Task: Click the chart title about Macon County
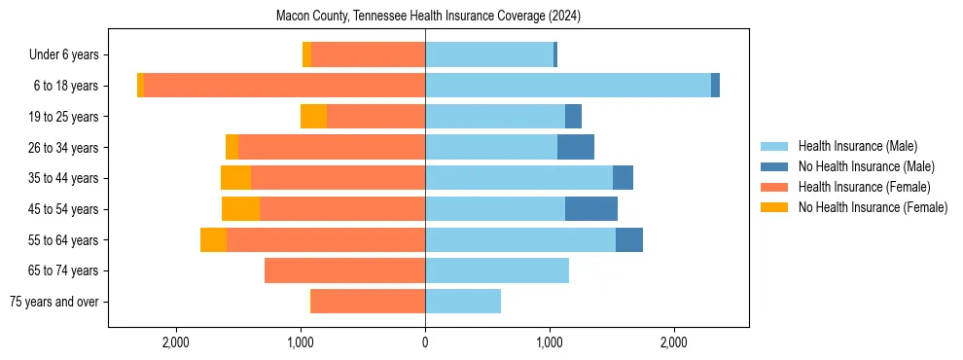(x=428, y=16)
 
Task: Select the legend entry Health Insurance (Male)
(x=857, y=146)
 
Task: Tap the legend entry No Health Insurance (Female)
(x=872, y=207)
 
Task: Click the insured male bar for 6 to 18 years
(x=568, y=86)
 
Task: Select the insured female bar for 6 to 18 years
(x=284, y=86)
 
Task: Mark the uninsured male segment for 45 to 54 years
(x=591, y=209)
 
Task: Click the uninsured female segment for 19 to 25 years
(x=313, y=117)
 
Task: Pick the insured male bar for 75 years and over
(x=463, y=302)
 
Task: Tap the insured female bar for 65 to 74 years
(x=344, y=270)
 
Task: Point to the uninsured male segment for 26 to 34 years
(x=576, y=148)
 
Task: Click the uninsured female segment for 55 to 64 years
(x=213, y=240)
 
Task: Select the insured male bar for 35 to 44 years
(x=518, y=178)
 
